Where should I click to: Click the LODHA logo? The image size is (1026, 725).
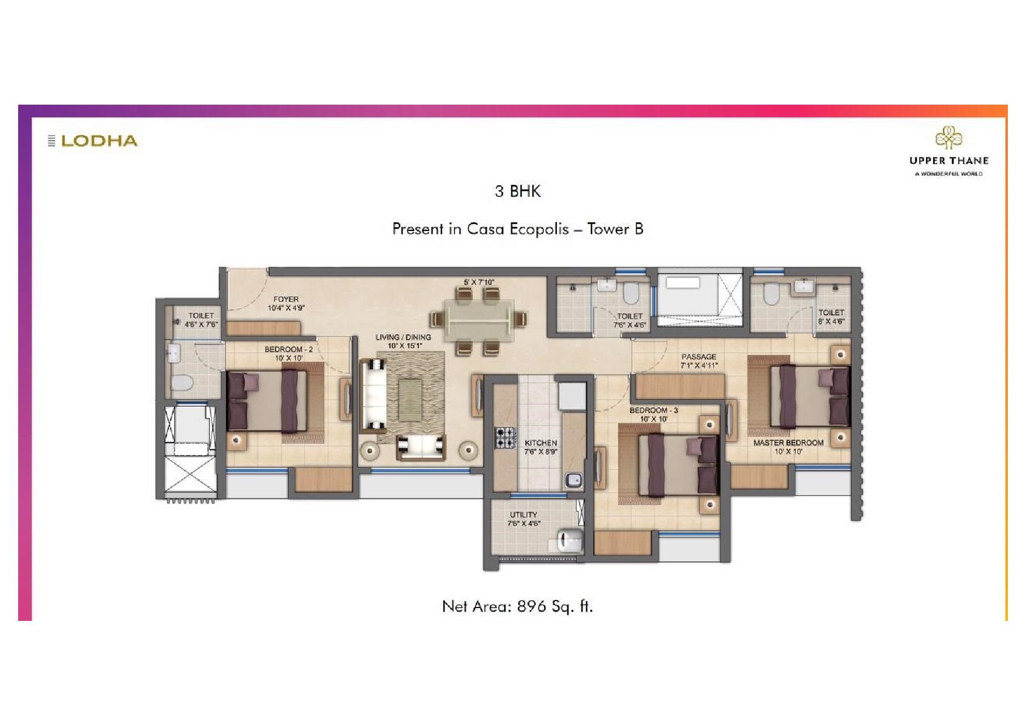click(x=94, y=141)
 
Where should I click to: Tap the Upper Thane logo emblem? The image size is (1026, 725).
click(x=948, y=139)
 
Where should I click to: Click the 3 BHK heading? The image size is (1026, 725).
click(x=518, y=191)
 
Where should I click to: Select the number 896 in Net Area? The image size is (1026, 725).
click(x=532, y=606)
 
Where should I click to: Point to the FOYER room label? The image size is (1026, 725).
click(x=286, y=299)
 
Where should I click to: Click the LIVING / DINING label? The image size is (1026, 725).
click(x=403, y=337)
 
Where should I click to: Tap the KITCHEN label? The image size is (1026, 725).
click(x=540, y=443)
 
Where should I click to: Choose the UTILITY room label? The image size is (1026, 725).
click(x=523, y=515)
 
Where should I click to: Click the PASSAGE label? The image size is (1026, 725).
click(x=698, y=357)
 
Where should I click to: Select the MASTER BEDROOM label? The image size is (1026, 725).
click(x=788, y=443)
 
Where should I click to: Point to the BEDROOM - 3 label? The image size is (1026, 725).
click(x=653, y=410)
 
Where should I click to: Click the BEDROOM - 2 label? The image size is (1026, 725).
click(x=288, y=350)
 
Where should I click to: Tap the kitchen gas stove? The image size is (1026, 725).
click(x=505, y=437)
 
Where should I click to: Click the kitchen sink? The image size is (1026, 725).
click(x=573, y=481)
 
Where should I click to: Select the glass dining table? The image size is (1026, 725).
click(x=478, y=320)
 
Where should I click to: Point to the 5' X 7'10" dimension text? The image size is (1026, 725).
click(x=478, y=282)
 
